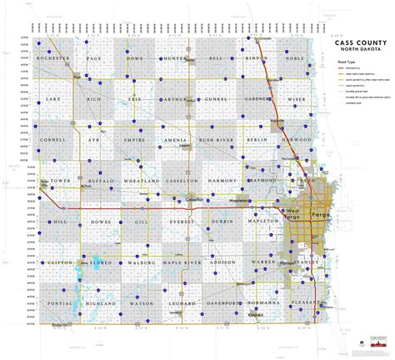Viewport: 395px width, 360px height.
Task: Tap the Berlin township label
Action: (255, 140)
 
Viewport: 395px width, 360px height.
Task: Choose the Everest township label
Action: (176, 222)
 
